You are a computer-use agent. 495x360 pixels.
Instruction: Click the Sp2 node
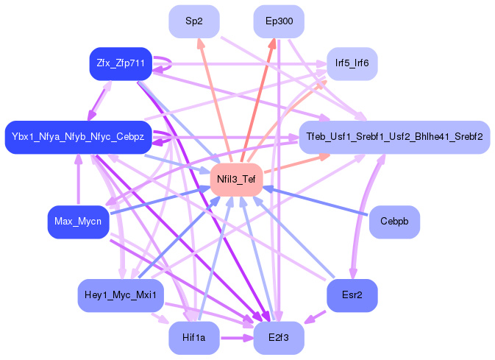194,21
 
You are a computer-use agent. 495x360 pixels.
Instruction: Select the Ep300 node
279,21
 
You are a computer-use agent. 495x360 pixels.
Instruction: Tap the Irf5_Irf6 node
352,63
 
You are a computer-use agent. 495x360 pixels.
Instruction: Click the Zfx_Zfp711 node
120,63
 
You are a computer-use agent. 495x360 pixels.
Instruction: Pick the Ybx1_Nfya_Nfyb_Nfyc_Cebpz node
78,137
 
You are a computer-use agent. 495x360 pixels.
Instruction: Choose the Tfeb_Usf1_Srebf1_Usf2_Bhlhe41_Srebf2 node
394,137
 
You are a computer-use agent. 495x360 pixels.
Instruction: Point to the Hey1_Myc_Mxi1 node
120,295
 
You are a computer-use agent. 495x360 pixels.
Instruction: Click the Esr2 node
352,295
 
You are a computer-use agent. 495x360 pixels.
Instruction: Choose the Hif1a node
194,338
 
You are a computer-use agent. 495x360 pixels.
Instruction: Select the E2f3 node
279,338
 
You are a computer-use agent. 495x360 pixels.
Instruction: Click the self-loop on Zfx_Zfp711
165,63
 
